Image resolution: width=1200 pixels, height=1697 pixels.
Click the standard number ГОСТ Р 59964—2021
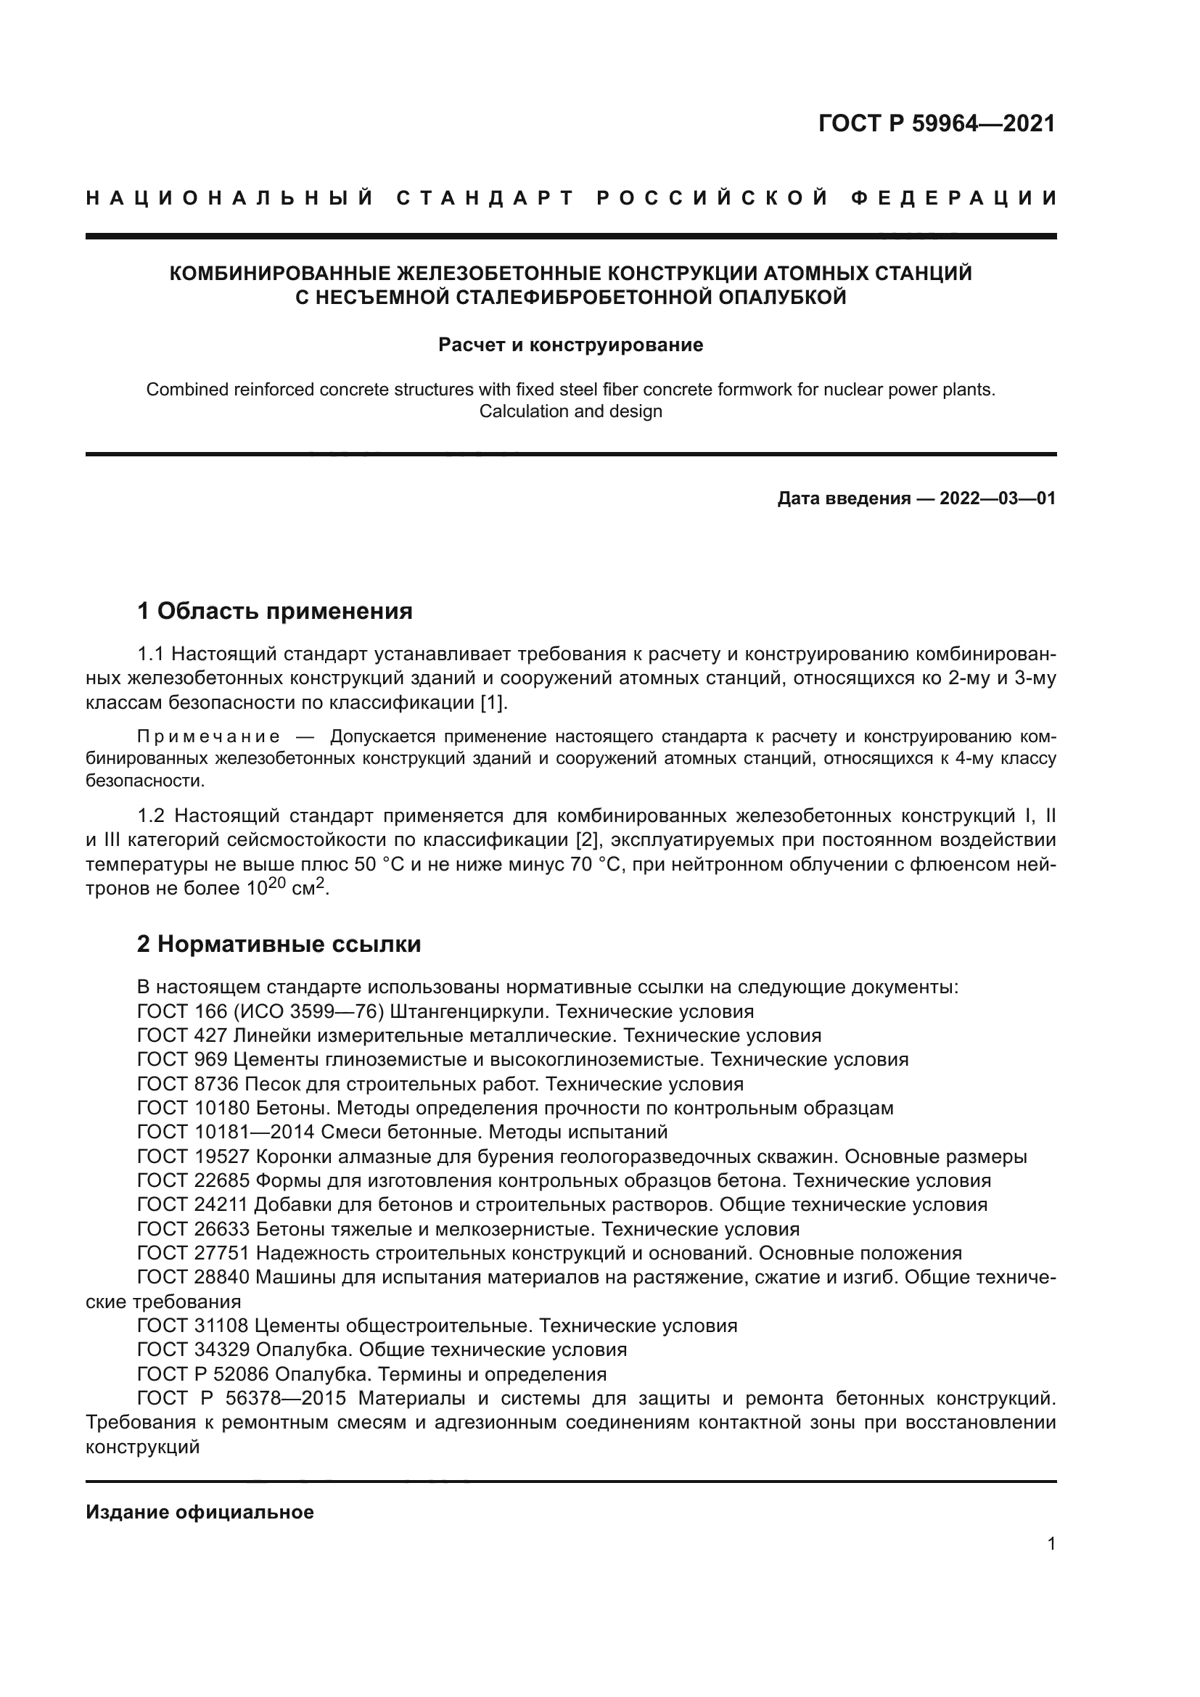click(936, 123)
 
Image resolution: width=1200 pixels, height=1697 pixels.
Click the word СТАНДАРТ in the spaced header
click(485, 198)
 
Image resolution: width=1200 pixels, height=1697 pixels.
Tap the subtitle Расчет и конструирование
click(570, 345)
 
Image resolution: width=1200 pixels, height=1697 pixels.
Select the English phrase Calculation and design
click(570, 411)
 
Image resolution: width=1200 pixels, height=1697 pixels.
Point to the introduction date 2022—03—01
click(998, 498)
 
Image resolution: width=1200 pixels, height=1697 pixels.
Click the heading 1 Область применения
click(274, 611)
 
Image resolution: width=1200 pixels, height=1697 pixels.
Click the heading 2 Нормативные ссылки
click(279, 945)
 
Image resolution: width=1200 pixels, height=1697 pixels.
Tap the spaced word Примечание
click(208, 736)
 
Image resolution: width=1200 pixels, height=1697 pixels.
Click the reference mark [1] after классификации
click(492, 702)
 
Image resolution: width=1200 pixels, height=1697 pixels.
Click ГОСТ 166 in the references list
click(182, 1011)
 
